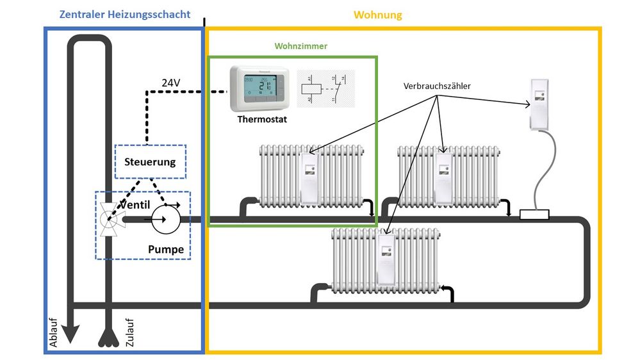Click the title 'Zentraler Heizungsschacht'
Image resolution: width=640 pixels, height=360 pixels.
click(x=124, y=14)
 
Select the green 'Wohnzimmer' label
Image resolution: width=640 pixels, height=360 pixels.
click(x=300, y=46)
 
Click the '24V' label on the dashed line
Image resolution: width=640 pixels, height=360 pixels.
click(x=171, y=83)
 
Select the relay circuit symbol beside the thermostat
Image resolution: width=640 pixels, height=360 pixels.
click(x=323, y=87)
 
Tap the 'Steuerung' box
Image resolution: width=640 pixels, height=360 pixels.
click(x=150, y=161)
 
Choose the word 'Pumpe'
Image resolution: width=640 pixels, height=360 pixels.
click(x=166, y=249)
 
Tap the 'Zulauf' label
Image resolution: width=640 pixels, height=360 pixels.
click(x=129, y=333)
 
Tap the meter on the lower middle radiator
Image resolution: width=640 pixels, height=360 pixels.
click(x=386, y=260)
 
